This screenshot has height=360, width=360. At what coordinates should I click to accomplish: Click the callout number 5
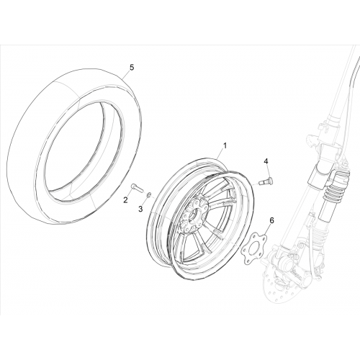pos(132,68)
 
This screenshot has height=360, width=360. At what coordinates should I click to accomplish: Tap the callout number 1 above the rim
pos(225,145)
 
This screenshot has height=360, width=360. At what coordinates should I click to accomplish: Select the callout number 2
pos(125,199)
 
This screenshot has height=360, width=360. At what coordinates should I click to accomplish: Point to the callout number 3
pos(140,209)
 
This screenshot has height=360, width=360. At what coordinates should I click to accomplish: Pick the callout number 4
pos(266,161)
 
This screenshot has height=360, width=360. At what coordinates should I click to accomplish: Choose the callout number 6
pos(271,220)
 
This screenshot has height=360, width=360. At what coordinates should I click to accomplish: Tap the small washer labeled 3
pos(148,194)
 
